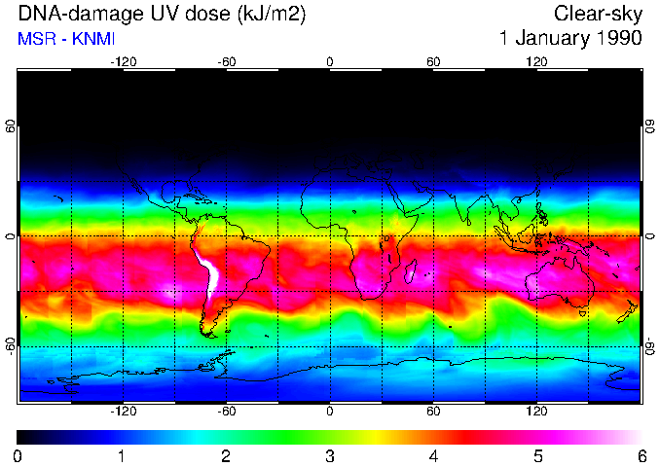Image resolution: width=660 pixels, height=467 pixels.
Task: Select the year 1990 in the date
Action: click(617, 39)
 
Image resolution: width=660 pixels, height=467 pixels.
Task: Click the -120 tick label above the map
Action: click(123, 62)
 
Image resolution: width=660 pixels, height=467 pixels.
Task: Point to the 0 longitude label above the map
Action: click(330, 62)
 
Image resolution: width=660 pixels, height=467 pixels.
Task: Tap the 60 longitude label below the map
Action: click(433, 412)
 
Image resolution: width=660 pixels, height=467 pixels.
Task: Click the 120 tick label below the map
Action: click(536, 412)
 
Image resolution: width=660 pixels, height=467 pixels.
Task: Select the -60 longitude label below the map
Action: click(227, 412)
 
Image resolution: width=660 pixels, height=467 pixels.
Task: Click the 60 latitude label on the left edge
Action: click(10, 126)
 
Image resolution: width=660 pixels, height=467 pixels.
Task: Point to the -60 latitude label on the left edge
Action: click(10, 346)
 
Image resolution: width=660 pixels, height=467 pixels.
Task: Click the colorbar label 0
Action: click(18, 455)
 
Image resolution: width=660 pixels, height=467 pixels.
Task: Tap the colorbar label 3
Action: click(330, 455)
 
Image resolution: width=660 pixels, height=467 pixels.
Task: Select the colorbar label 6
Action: click(641, 455)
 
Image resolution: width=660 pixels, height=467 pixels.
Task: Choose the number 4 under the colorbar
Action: click(433, 455)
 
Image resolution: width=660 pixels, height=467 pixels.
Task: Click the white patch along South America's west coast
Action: click(207, 272)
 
